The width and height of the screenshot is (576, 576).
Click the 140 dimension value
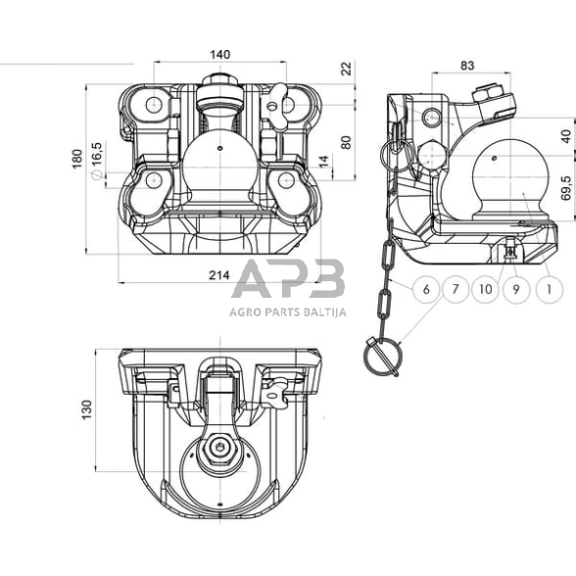pyautogui.click(x=220, y=55)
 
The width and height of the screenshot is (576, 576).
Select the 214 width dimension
pyautogui.click(x=219, y=274)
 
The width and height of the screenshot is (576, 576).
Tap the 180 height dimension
pyautogui.click(x=77, y=159)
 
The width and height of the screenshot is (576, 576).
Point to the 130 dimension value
pyautogui.click(x=86, y=409)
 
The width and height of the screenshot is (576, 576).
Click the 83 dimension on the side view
pyautogui.click(x=467, y=66)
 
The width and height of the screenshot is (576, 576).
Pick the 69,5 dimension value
pyautogui.click(x=566, y=188)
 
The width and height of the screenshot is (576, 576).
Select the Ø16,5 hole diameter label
pyautogui.click(x=96, y=161)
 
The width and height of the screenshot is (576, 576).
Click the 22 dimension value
pyautogui.click(x=346, y=69)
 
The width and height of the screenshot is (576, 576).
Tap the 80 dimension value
pyautogui.click(x=346, y=142)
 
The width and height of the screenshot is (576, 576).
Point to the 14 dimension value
pyautogui.click(x=323, y=161)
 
